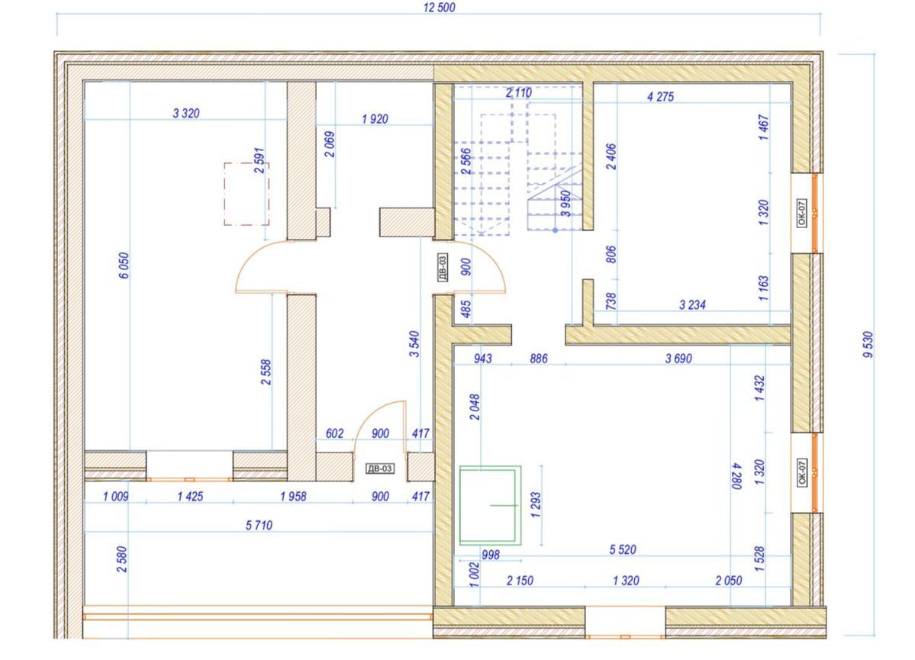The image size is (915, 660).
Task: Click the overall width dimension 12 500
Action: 439,8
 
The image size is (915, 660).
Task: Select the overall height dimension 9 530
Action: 868,344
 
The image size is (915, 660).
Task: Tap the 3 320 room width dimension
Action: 186,113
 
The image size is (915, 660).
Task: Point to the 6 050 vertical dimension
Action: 124,266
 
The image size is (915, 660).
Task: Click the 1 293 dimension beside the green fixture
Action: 536,505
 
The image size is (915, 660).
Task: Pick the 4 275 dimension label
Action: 661,97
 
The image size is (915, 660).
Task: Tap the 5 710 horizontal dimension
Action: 259,525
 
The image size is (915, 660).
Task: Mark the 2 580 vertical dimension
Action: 121,559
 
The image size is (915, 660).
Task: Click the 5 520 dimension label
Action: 623,549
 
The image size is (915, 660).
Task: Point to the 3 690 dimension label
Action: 678,359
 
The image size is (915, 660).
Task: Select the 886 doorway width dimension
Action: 539,359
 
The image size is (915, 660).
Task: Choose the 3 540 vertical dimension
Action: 414,344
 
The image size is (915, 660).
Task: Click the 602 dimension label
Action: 334,433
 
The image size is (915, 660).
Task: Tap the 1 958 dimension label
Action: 293,497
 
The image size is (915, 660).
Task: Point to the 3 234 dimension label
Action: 693,304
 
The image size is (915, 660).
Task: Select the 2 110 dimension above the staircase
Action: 519,92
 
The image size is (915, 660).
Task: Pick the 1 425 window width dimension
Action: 190,497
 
